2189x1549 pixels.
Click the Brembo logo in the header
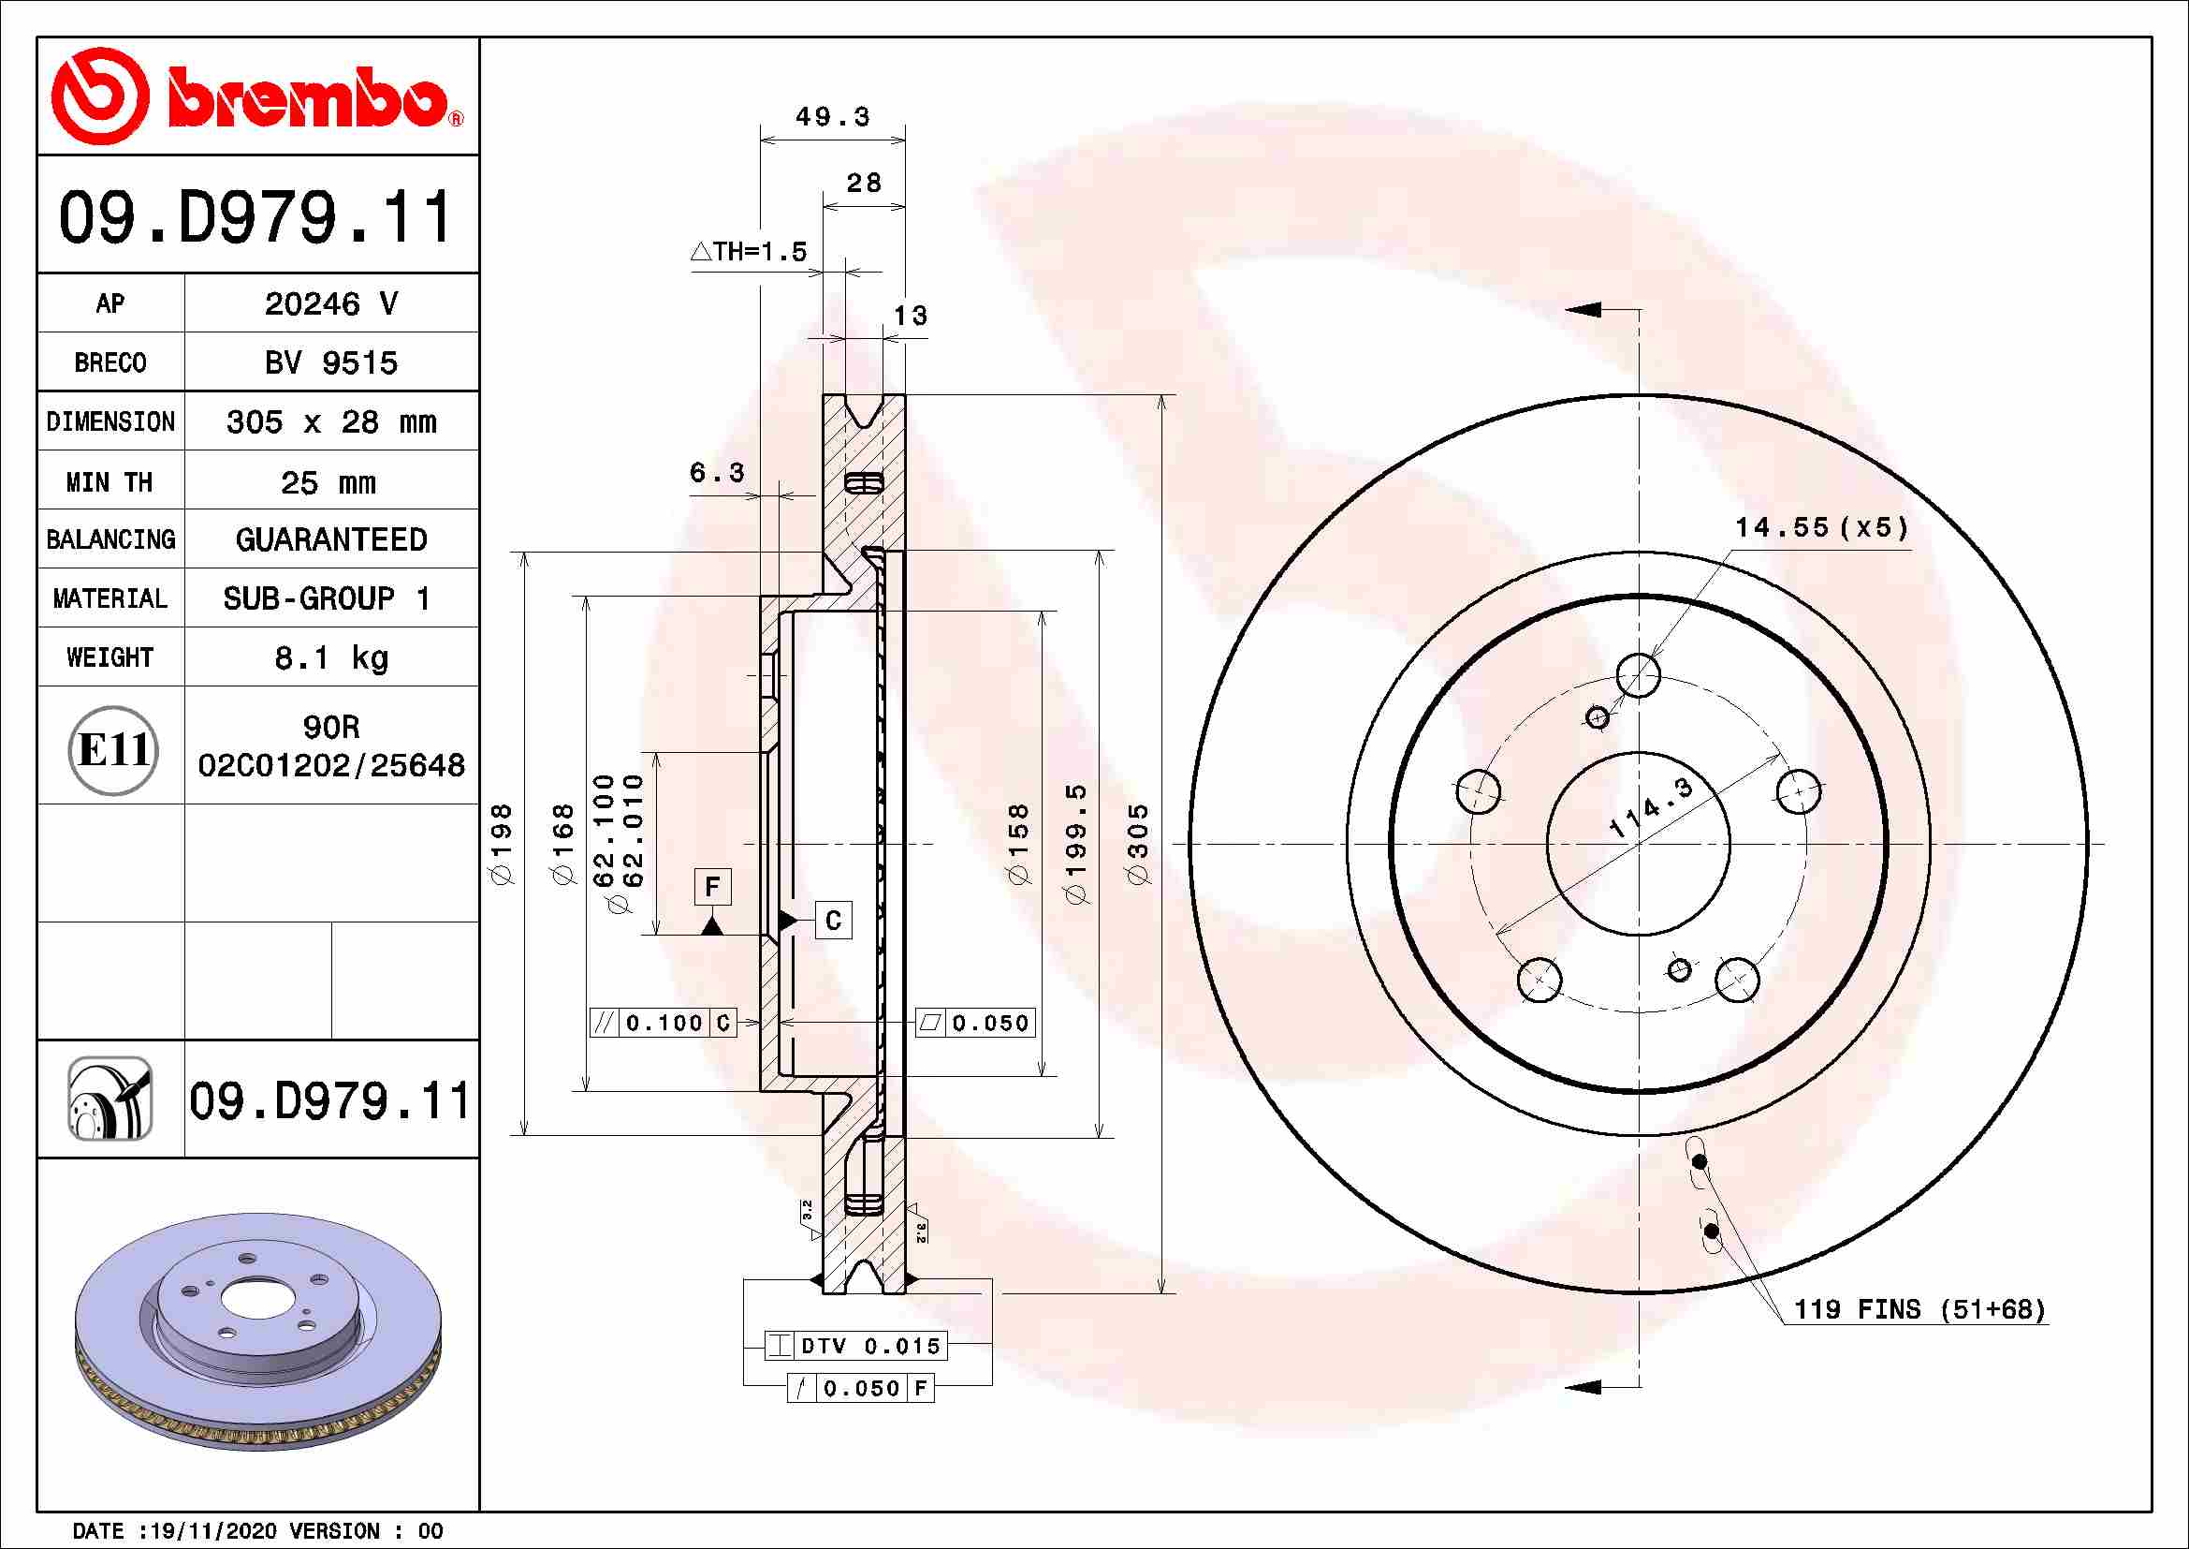pyautogui.click(x=257, y=96)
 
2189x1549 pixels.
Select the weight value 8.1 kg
pyautogui.click(x=330, y=658)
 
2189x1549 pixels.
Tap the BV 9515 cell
pyautogui.click(x=330, y=362)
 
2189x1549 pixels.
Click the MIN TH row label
pyautogui.click(x=109, y=481)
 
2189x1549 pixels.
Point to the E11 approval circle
pyautogui.click(x=113, y=751)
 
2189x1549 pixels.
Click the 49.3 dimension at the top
pyautogui.click(x=832, y=116)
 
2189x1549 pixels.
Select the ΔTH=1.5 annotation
pyautogui.click(x=750, y=252)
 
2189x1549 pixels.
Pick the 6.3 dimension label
pyautogui.click(x=717, y=472)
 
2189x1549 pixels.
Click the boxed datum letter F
pyautogui.click(x=712, y=887)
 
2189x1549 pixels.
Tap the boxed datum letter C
pyautogui.click(x=833, y=921)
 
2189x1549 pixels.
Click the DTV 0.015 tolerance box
pyautogui.click(x=856, y=1346)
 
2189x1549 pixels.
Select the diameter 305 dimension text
pyautogui.click(x=1138, y=843)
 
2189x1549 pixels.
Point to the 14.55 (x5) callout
pyautogui.click(x=1822, y=527)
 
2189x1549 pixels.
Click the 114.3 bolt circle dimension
pyautogui.click(x=1651, y=807)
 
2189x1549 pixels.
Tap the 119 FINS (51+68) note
pyautogui.click(x=1919, y=1309)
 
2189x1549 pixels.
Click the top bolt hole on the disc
pyautogui.click(x=1639, y=675)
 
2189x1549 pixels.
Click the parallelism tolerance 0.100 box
pyautogui.click(x=664, y=1024)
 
